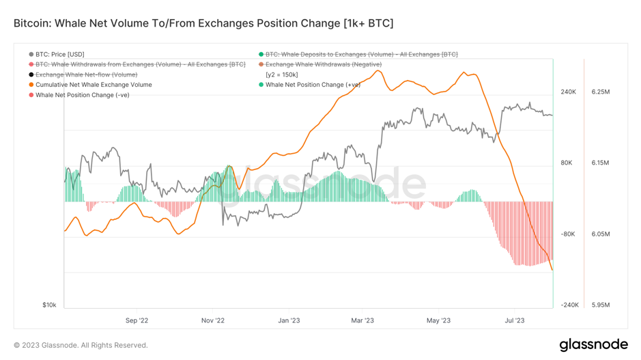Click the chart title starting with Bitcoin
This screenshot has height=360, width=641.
(x=203, y=23)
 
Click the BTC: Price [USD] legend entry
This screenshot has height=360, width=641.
(x=59, y=54)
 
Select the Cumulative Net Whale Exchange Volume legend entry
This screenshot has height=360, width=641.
(x=94, y=85)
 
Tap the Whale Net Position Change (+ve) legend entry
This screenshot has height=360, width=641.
(x=313, y=85)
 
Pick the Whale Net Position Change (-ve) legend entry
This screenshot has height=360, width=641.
(x=82, y=95)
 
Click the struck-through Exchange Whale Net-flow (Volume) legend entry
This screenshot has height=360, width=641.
(x=86, y=74)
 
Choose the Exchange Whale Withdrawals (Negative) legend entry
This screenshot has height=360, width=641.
(x=323, y=64)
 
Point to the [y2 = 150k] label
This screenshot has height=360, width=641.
(x=281, y=74)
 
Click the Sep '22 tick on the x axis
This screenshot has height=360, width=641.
(x=137, y=320)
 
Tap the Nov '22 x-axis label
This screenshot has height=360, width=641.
(x=213, y=320)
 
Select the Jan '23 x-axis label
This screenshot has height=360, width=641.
(x=289, y=320)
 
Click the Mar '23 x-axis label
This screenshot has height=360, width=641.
(x=362, y=320)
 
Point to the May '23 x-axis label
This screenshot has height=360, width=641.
(x=438, y=320)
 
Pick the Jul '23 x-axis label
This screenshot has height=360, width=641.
(x=514, y=320)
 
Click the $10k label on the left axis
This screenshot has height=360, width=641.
(x=49, y=305)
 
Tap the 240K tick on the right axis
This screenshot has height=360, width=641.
(x=568, y=92)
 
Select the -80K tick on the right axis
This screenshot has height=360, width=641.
(x=568, y=234)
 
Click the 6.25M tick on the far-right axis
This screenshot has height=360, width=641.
(x=601, y=92)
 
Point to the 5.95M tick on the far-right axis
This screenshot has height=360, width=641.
(x=601, y=305)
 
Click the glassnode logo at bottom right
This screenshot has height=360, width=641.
(x=593, y=344)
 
